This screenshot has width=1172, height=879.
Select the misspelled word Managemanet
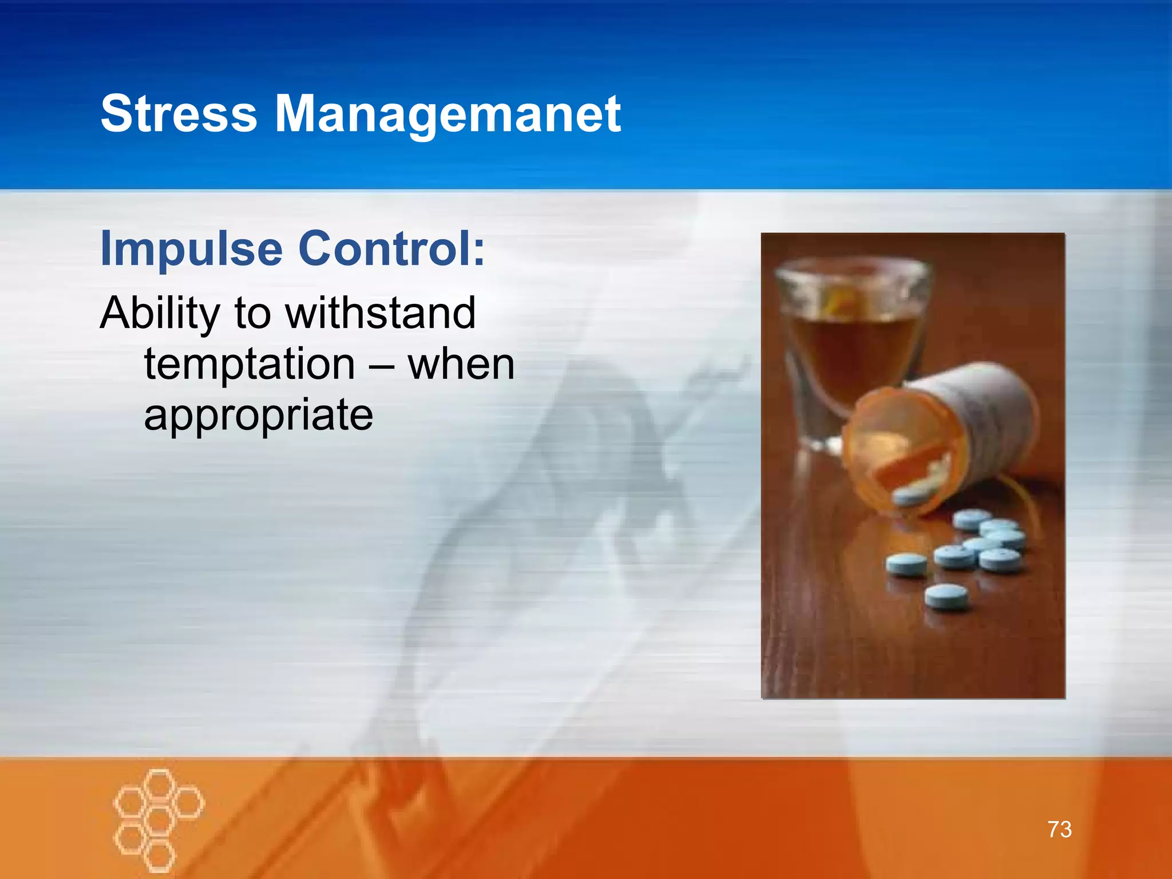[448, 114]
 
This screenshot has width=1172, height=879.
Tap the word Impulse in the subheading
[191, 248]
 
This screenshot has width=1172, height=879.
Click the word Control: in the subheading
[391, 248]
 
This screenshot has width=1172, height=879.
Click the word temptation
[250, 364]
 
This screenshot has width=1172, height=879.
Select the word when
[461, 364]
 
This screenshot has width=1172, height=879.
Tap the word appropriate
[258, 415]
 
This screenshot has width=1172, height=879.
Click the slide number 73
[1059, 829]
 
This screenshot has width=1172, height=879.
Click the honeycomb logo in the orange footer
[159, 819]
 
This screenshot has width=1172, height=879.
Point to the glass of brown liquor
[853, 343]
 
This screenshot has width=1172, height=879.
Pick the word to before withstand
[252, 314]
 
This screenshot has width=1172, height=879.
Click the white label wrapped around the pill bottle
[984, 412]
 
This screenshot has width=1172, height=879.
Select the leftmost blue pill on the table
[906, 564]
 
